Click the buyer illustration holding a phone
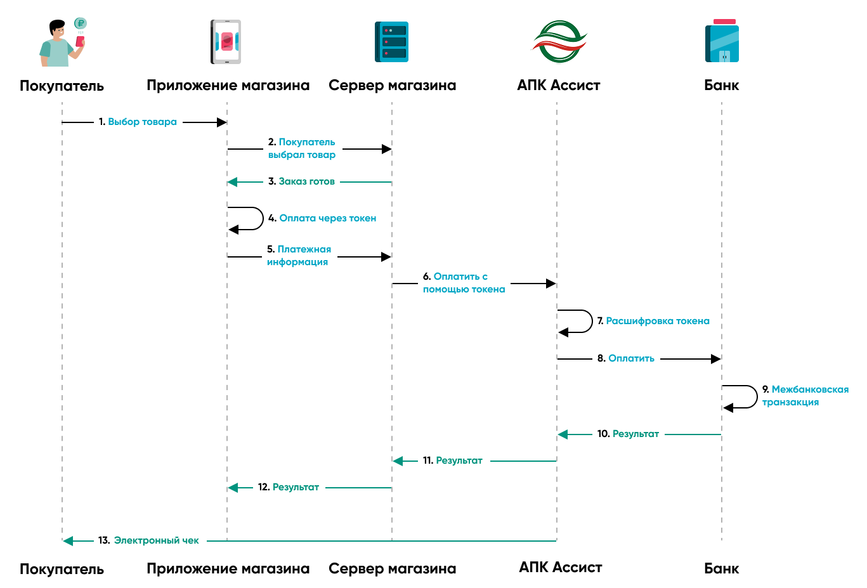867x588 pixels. (x=62, y=43)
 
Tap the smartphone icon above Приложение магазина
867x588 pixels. (x=226, y=42)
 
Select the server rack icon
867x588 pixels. (x=391, y=42)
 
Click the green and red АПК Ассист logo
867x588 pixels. (x=559, y=42)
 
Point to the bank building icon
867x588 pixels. (x=722, y=42)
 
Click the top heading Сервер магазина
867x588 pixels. (x=392, y=86)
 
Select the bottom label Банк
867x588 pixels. (x=722, y=569)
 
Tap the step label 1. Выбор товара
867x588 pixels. (x=138, y=122)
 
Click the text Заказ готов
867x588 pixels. (x=306, y=181)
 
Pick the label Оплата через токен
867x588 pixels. (x=327, y=218)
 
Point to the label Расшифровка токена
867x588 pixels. (x=657, y=321)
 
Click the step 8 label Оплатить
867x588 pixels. (x=631, y=358)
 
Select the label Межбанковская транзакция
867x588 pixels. (x=805, y=396)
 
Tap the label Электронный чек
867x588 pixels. (x=156, y=540)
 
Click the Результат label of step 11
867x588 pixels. (x=459, y=461)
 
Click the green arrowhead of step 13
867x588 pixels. (x=68, y=541)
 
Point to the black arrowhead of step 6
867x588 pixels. (x=551, y=284)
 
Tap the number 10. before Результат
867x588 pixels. (x=603, y=434)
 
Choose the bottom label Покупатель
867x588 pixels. (x=62, y=569)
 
